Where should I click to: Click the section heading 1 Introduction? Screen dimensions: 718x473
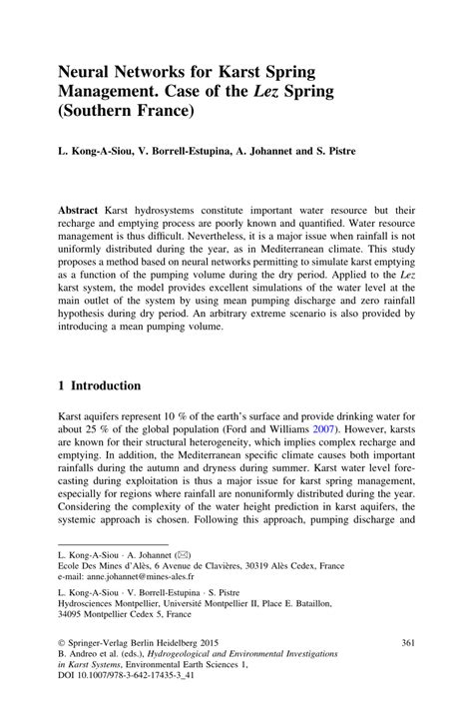99,385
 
